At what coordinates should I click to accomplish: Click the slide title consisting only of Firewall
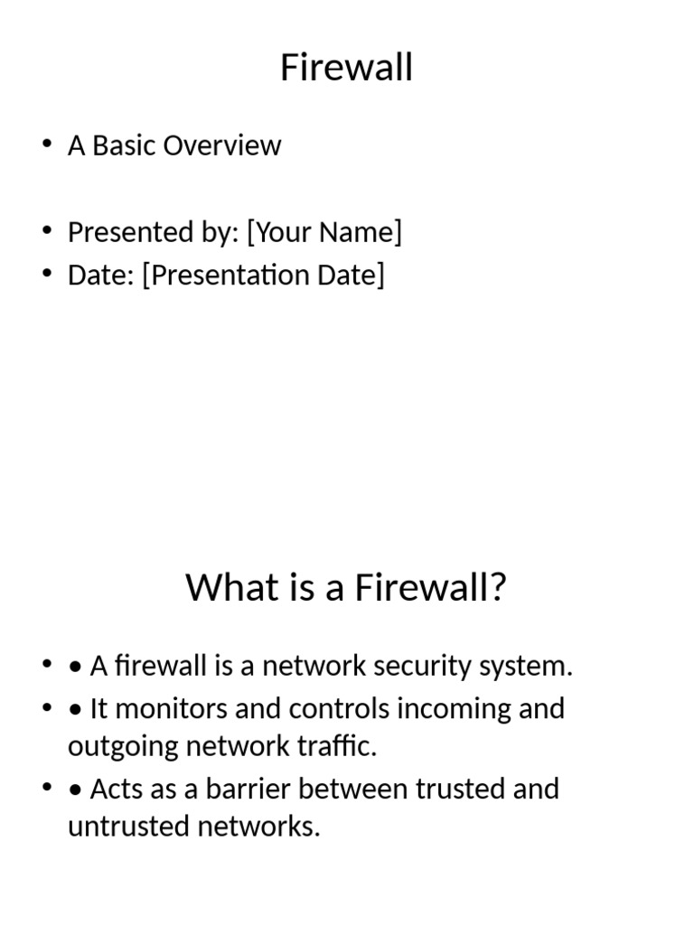(346, 68)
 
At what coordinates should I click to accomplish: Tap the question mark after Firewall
(497, 588)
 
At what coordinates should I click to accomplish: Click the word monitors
(172, 708)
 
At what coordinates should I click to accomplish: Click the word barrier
(241, 789)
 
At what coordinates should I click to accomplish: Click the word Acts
(115, 789)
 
